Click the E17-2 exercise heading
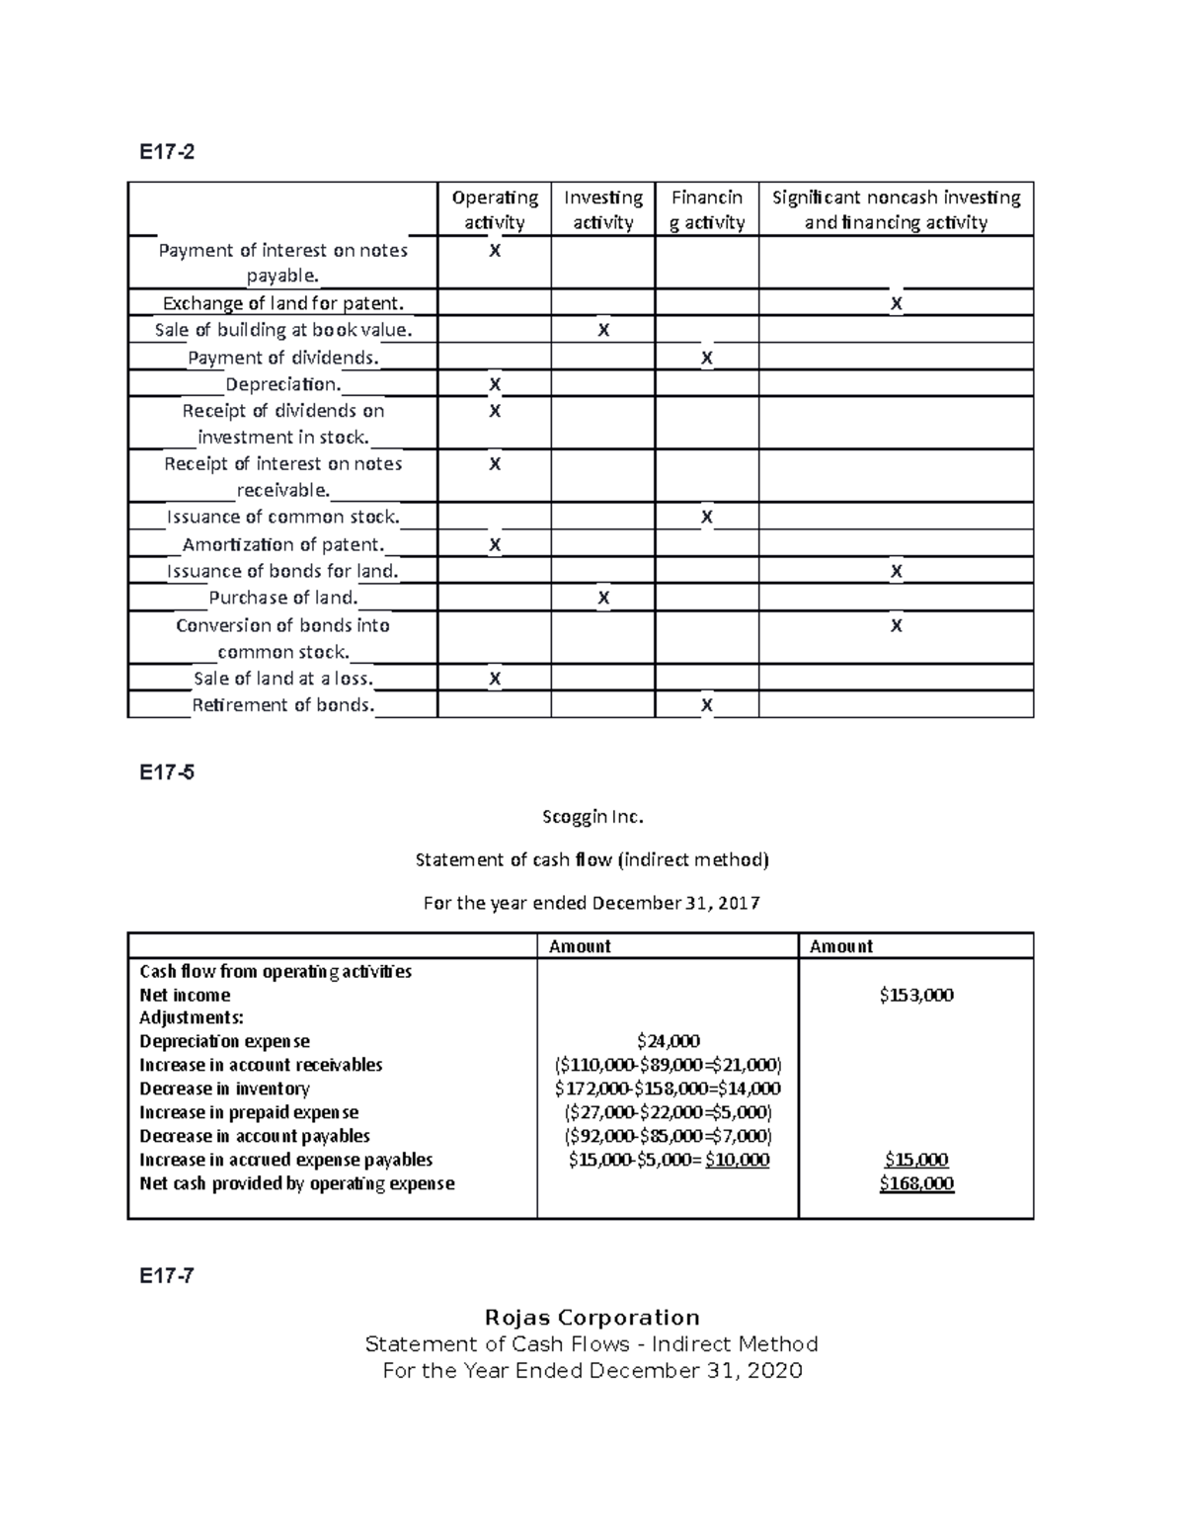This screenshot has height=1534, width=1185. [167, 152]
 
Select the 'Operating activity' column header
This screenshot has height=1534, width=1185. [495, 209]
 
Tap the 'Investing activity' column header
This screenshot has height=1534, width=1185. [602, 209]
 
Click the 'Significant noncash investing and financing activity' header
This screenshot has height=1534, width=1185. [896, 209]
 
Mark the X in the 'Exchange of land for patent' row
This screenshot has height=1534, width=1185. [896, 304]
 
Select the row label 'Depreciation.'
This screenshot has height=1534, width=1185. [282, 384]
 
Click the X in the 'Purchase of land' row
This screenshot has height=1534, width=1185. [603, 598]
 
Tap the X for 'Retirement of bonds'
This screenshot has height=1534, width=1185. [706, 705]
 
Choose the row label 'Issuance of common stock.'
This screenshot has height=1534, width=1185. [283, 517]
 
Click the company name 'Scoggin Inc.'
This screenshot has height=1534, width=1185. [592, 817]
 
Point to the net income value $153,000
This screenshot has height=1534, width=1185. [915, 996]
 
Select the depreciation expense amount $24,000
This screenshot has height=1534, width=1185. [668, 1041]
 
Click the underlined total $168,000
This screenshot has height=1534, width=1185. [915, 1183]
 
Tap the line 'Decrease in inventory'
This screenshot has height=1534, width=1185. [224, 1089]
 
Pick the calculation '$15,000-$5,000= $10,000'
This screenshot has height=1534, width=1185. [668, 1160]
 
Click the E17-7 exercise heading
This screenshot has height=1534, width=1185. [167, 1275]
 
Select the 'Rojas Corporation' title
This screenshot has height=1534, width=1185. [592, 1318]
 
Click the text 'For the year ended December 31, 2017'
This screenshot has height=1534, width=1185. [592, 903]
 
